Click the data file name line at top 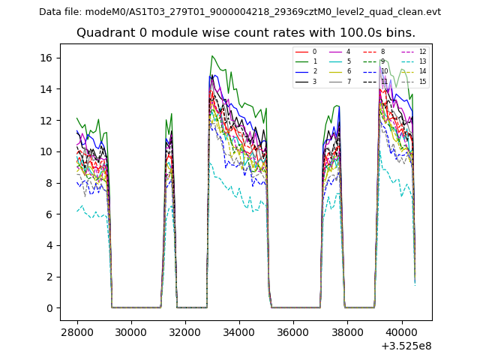pyautogui.click(x=240, y=12)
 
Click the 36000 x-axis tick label pyautogui.click(x=292, y=331)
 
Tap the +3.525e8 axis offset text pyautogui.click(x=405, y=346)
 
